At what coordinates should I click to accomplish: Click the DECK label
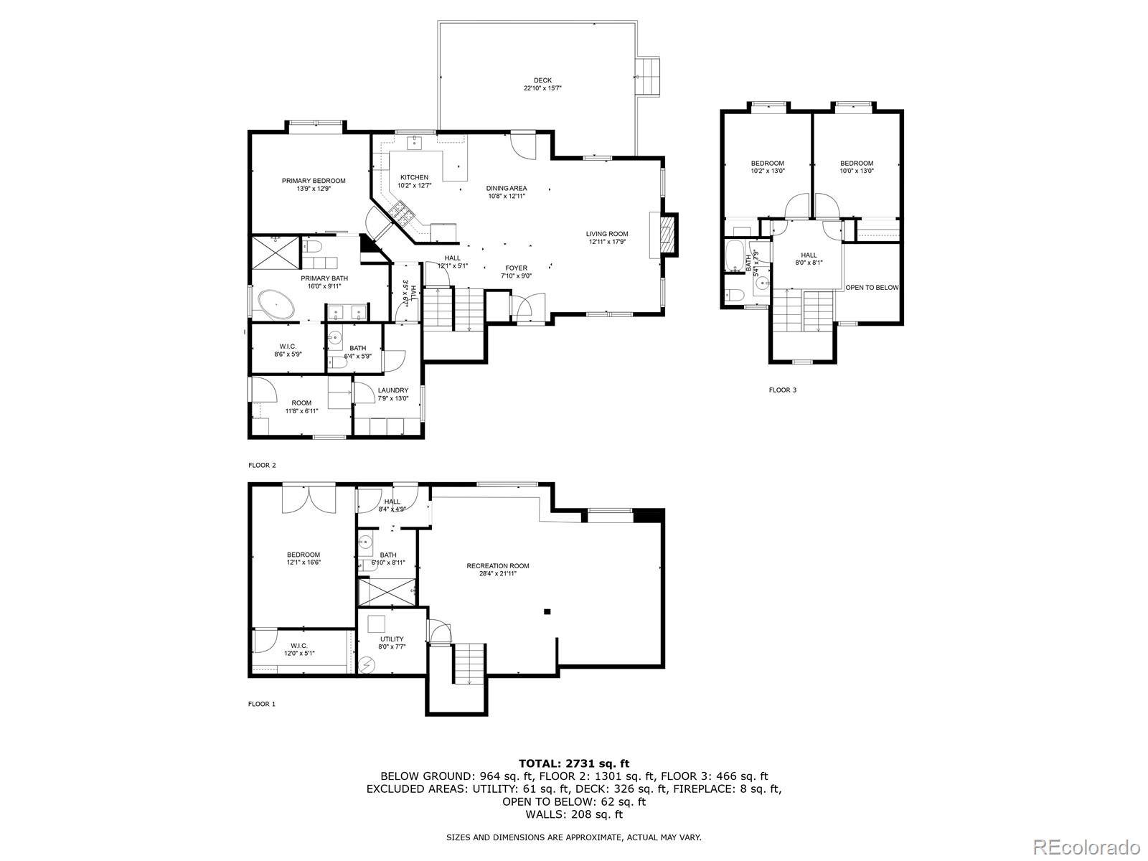542,80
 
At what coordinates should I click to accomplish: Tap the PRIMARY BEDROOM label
314,181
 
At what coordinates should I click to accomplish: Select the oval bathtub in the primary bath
276,304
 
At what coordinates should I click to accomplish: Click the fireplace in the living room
667,235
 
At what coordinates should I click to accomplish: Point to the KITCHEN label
414,177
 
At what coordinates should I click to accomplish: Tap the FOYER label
516,268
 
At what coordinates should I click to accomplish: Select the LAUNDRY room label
393,390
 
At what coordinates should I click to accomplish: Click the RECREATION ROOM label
498,565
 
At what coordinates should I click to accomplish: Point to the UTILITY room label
392,639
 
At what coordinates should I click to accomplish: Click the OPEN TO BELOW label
872,288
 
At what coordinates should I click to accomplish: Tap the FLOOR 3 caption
783,390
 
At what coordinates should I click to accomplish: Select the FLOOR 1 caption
262,704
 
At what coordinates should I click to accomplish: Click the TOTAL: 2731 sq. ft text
574,763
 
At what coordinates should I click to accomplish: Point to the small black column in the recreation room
547,611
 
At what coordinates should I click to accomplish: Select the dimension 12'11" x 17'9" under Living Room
607,242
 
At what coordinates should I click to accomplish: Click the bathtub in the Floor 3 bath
735,255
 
